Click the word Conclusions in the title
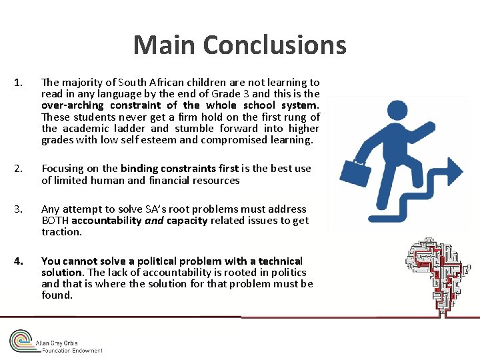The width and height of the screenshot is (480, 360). coord(275,45)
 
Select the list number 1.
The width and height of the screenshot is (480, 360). coord(18,83)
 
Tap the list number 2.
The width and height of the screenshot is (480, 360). coord(18,169)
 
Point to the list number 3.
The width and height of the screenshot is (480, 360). coord(18,209)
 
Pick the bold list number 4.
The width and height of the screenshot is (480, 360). coord(18,261)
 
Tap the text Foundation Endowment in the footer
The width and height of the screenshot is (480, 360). coord(72,350)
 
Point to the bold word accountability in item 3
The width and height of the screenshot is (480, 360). coord(107,221)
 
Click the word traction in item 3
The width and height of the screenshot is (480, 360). coord(61,232)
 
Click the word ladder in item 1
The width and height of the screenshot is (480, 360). coord(129,128)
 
